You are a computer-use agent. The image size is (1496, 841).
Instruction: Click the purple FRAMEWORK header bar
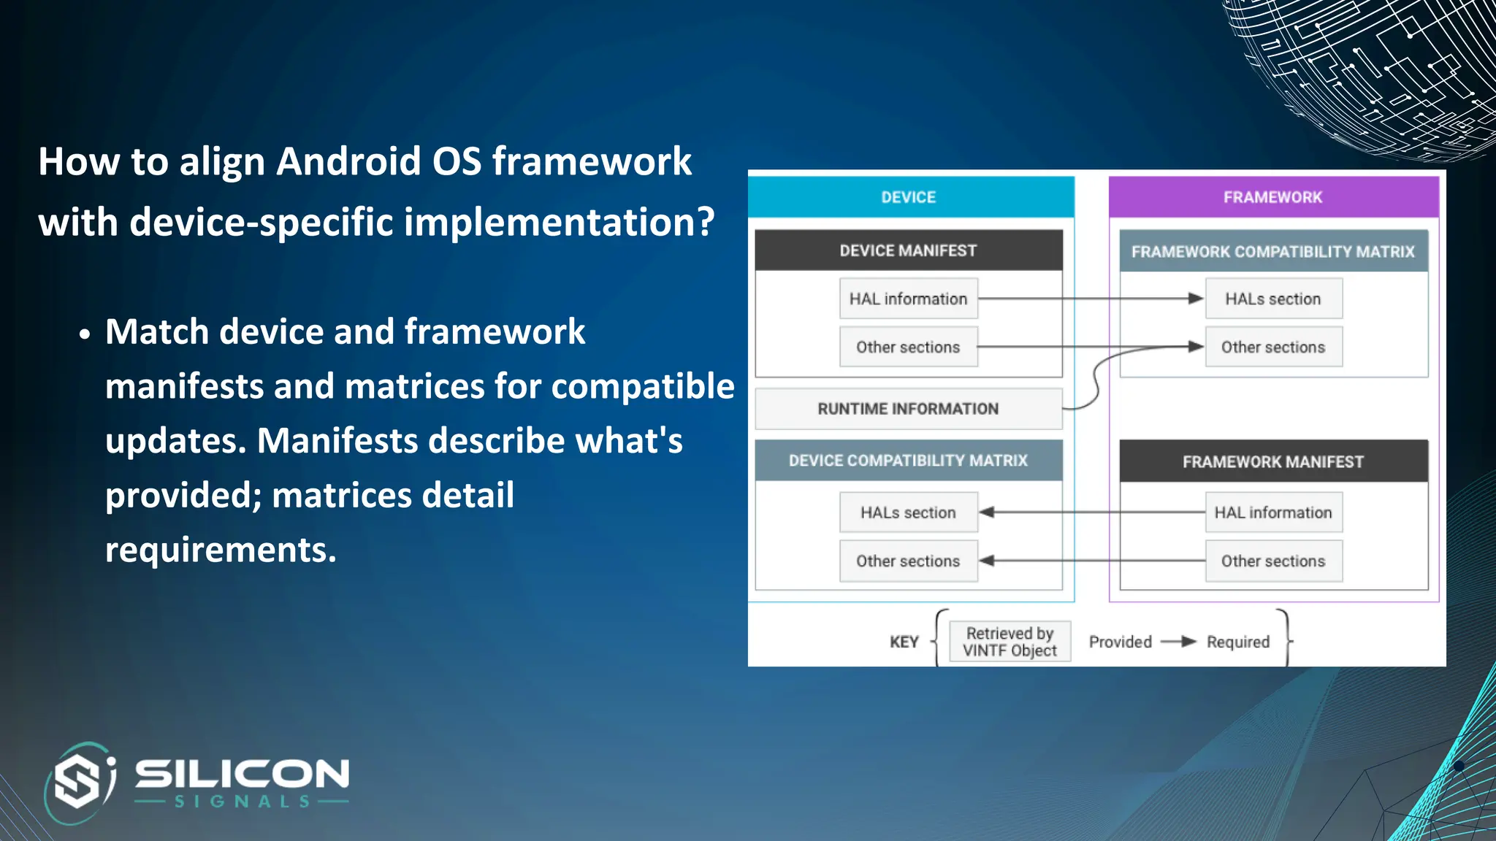(1273, 197)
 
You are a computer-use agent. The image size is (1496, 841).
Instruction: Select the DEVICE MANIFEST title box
(908, 250)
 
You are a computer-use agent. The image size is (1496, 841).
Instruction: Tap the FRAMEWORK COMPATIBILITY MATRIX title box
(1273, 251)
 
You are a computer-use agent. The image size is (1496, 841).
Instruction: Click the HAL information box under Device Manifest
(908, 299)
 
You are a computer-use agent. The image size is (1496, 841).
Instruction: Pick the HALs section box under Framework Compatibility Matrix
(1273, 299)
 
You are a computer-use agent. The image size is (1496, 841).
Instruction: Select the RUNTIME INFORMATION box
(908, 409)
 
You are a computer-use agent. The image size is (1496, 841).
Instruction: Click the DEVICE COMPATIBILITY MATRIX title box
(908, 461)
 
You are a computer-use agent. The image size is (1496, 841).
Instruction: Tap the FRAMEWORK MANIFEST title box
(1273, 461)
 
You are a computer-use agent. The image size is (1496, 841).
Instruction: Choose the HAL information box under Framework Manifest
(1273, 512)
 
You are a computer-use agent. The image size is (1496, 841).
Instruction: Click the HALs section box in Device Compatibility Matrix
(908, 512)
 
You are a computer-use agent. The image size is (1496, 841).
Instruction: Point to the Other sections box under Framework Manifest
(1273, 561)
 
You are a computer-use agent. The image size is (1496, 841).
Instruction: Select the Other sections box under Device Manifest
(908, 347)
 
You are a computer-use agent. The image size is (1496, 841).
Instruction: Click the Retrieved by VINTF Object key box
(1010, 642)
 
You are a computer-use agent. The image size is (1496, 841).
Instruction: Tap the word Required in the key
(1238, 642)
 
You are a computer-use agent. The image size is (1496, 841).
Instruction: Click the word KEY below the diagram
(904, 642)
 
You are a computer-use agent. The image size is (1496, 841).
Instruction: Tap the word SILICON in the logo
(242, 774)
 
